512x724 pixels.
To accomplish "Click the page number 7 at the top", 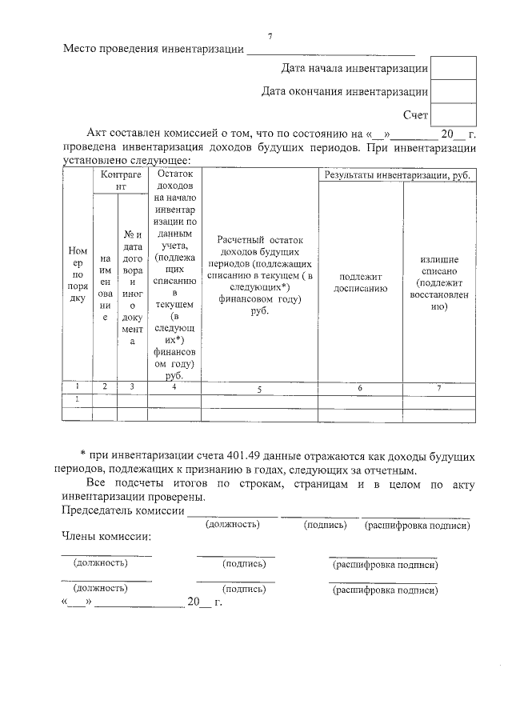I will click(x=270, y=38).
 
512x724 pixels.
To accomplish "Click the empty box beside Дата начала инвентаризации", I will click(x=453, y=69).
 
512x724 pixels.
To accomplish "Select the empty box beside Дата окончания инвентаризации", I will click(x=453, y=92).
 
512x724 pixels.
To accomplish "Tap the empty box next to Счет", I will click(x=453, y=115).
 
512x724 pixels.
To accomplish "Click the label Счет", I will click(x=415, y=116).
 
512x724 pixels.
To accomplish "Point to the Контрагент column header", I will click(x=118, y=179).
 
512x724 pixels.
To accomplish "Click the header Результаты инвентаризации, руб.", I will click(x=397, y=174).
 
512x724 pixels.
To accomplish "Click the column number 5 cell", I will click(x=259, y=389).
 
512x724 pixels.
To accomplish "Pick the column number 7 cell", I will click(x=439, y=388).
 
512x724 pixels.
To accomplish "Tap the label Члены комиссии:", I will click(x=106, y=536).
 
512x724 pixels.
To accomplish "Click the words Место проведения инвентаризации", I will click(x=153, y=50).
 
